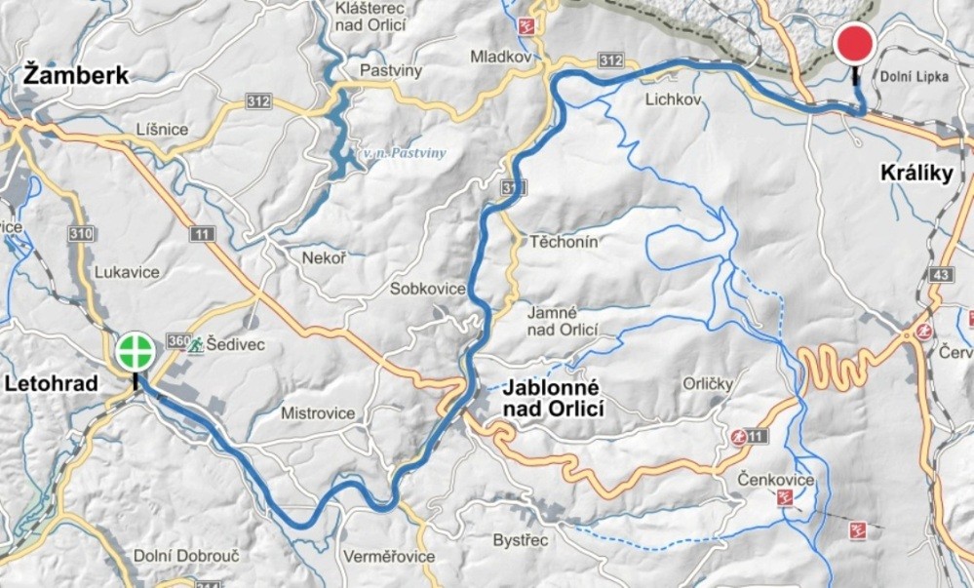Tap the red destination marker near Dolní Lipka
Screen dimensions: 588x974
tap(855, 44)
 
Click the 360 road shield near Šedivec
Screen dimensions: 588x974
tap(177, 340)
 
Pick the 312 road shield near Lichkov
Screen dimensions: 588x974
tap(610, 60)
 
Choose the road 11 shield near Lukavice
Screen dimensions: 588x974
tap(202, 233)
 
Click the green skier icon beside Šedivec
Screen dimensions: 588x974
tap(196, 345)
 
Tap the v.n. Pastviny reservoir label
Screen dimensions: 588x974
tap(404, 153)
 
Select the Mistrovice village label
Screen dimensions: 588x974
tap(318, 413)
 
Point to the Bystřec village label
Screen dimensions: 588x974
tap(521, 539)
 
